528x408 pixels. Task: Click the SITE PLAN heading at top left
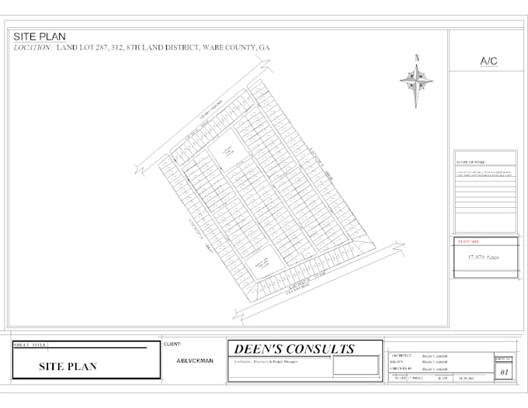coord(40,36)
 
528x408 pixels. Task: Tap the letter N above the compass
coord(417,57)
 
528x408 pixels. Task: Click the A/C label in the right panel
coord(489,60)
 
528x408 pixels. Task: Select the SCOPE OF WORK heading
coord(470,162)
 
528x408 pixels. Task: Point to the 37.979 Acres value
coord(482,255)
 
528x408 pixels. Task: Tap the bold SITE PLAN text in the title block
coord(68,366)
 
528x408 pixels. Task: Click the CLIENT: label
coord(172,343)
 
